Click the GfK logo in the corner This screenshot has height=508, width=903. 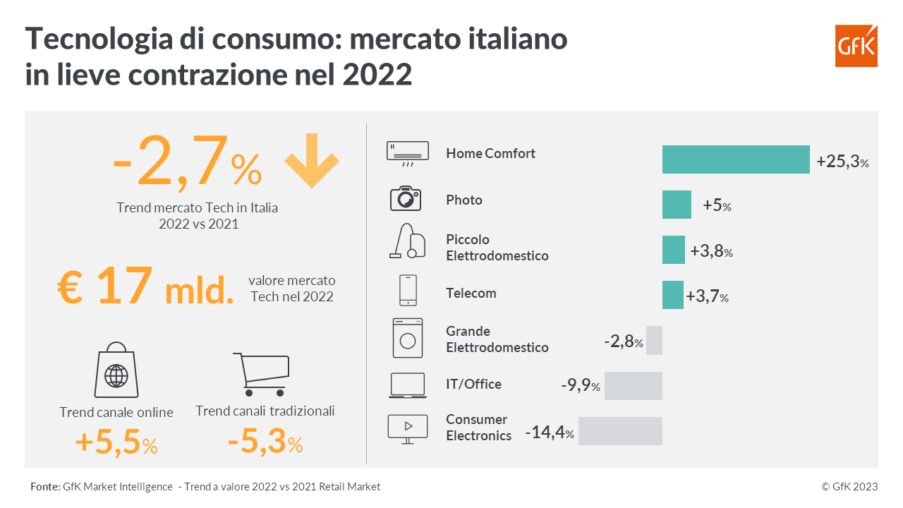(x=856, y=46)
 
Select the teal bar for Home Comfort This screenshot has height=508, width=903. (x=735, y=159)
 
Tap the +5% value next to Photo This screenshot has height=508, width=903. (x=717, y=206)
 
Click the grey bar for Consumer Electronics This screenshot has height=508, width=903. (x=620, y=431)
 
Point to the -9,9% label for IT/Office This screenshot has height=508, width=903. (x=581, y=386)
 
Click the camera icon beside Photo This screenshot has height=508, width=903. (x=406, y=199)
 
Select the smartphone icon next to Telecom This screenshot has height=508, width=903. (x=408, y=290)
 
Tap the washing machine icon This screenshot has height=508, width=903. (x=408, y=337)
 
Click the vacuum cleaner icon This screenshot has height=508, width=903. (x=408, y=241)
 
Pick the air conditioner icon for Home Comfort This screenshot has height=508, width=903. (x=408, y=154)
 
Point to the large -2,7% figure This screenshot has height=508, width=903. (x=187, y=164)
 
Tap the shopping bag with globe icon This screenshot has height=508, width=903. (x=116, y=372)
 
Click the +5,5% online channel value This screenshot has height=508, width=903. (x=116, y=443)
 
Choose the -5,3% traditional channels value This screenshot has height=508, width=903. (x=265, y=443)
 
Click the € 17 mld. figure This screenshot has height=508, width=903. (x=145, y=287)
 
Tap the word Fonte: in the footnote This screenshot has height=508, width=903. (x=45, y=487)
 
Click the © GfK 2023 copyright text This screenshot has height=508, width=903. (x=849, y=487)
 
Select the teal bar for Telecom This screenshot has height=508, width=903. (x=672, y=295)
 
